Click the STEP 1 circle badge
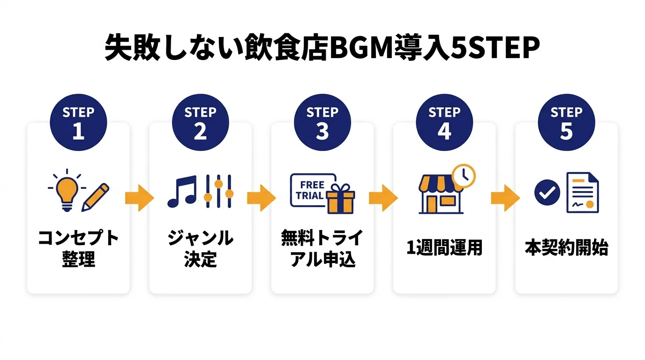[x=78, y=123]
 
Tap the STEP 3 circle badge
[x=322, y=123]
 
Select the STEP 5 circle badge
[x=566, y=123]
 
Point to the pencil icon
[x=96, y=197]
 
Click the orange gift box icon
[x=341, y=199]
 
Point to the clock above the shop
[x=463, y=176]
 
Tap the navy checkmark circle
[x=547, y=192]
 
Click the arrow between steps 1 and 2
[x=139, y=198]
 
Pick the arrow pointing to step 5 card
[x=505, y=198]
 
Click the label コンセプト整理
[x=78, y=248]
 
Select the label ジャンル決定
[x=200, y=248]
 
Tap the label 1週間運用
[x=444, y=248]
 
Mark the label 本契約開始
[x=566, y=248]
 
